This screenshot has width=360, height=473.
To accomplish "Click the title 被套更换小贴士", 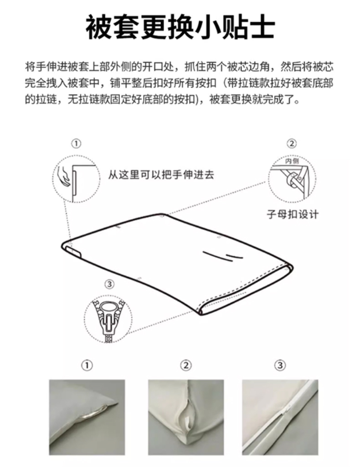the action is pyautogui.click(x=180, y=28).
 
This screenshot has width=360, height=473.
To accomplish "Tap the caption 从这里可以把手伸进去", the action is pyautogui.click(x=161, y=175).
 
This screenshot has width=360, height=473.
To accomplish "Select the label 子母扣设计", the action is pyautogui.click(x=293, y=214).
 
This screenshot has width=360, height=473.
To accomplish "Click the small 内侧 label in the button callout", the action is pyautogui.click(x=292, y=162).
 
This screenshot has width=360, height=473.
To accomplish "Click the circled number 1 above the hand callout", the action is pyautogui.click(x=77, y=143).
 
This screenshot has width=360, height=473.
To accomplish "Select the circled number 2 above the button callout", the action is pyautogui.click(x=292, y=143).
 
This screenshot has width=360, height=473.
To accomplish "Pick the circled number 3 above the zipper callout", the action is pyautogui.click(x=109, y=284).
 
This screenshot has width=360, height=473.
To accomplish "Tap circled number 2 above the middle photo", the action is pyautogui.click(x=186, y=366).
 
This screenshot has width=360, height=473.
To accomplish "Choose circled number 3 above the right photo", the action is pyautogui.click(x=280, y=366).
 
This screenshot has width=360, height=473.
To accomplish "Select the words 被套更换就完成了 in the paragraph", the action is pyautogui.click(x=251, y=99).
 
